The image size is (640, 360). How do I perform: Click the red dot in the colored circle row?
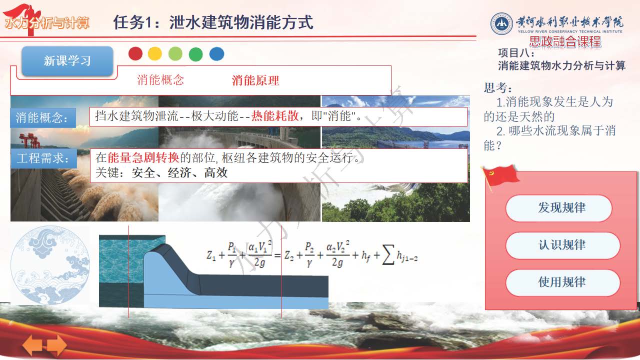tap(135, 53)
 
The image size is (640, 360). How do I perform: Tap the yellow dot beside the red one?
tap(155, 53)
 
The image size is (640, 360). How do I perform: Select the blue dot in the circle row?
tap(217, 53)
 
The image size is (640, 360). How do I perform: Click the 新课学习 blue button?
tap(67, 61)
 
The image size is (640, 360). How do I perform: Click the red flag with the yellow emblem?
tap(500, 175)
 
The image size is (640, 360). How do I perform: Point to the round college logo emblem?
tap(501, 24)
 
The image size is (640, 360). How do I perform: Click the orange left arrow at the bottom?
tap(32, 345)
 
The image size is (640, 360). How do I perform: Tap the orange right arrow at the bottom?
tap(57, 345)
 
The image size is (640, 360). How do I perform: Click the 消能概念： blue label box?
tap(43, 117)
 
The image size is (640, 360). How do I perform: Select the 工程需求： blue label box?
tap(43, 158)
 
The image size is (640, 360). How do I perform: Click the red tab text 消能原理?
tap(255, 80)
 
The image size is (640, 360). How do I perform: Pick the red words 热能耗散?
tap(275, 116)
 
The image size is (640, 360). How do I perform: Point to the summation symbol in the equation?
tap(388, 255)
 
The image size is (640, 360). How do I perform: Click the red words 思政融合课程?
tap(565, 41)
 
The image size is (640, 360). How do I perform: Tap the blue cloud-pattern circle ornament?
tap(50, 265)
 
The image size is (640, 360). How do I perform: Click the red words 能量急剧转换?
tap(143, 157)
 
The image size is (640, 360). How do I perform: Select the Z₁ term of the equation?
tap(211, 255)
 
